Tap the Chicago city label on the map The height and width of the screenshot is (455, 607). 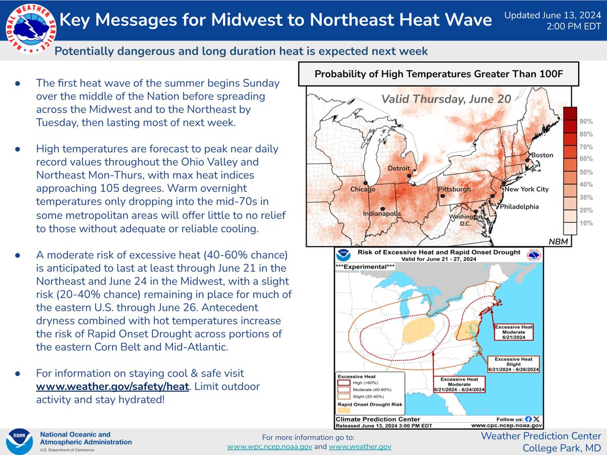363,190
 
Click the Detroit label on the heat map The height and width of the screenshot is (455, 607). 399,168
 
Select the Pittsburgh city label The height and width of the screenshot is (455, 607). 454,190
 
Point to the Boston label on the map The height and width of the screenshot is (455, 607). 541,155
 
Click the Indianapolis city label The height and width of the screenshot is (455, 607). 382,214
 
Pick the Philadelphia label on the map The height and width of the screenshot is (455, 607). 519,207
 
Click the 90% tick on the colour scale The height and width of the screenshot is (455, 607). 586,122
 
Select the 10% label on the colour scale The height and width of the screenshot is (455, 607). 586,223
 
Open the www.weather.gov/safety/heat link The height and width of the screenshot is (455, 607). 112,387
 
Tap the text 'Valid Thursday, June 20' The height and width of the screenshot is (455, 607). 446,100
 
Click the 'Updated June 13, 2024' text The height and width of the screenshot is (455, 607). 553,16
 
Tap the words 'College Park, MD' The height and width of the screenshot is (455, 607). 561,447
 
